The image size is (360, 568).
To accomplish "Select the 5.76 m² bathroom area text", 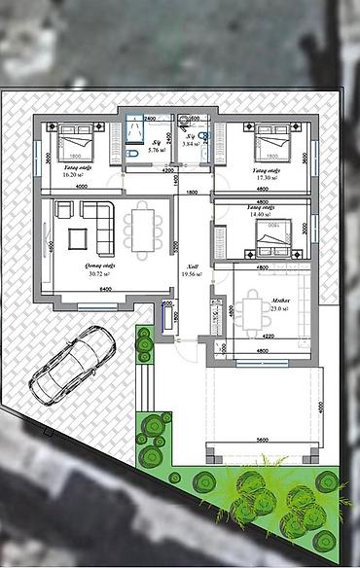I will [x=155, y=151].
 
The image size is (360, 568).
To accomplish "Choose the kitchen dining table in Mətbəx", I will [x=256, y=312].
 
